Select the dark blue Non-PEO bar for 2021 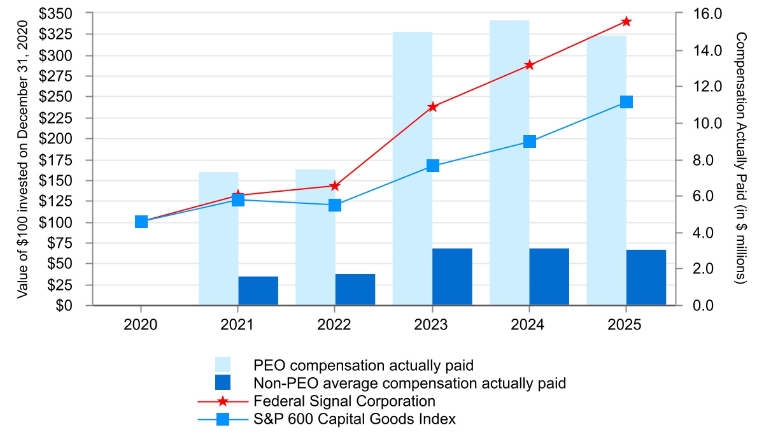258,291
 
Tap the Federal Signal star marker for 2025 626,22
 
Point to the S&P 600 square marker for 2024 530,141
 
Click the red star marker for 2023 433,107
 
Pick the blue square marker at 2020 141,222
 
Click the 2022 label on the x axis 335,324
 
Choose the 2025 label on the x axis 626,324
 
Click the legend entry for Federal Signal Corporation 344,401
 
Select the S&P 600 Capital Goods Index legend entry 355,419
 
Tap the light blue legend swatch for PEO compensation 223,365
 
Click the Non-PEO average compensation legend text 409,384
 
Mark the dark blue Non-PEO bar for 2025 646,278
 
